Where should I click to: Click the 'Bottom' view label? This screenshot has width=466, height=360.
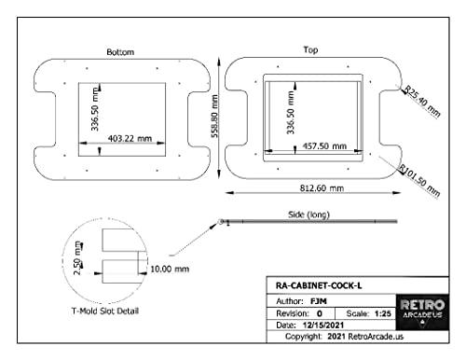(x=120, y=52)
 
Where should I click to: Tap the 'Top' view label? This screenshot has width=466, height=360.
(x=310, y=49)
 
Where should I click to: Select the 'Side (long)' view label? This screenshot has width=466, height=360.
(x=308, y=215)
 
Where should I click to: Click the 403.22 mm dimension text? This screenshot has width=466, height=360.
(x=130, y=138)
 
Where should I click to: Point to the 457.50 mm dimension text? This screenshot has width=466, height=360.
(x=324, y=145)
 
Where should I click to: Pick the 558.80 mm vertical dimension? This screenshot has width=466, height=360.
(x=214, y=117)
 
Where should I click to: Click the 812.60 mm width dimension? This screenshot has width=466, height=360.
(x=322, y=188)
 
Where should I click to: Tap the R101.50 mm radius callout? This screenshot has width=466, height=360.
(x=420, y=181)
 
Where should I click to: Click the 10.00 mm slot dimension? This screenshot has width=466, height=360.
(x=170, y=269)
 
